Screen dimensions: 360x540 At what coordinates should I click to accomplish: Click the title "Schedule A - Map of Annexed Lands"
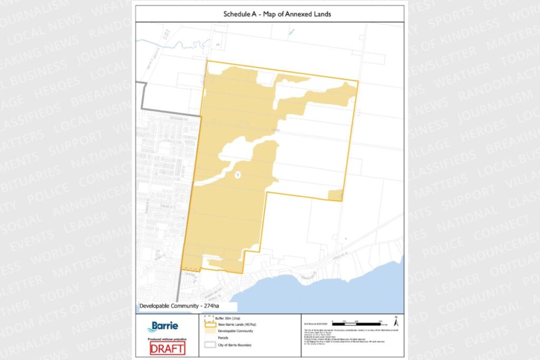[x=269, y=14]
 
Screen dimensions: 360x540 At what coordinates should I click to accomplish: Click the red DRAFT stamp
[x=167, y=348]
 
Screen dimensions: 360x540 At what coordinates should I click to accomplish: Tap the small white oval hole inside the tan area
[x=237, y=173]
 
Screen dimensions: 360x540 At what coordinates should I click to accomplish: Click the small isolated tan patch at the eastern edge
[x=335, y=195]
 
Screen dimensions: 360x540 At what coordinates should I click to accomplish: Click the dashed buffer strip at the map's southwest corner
[x=191, y=270]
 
